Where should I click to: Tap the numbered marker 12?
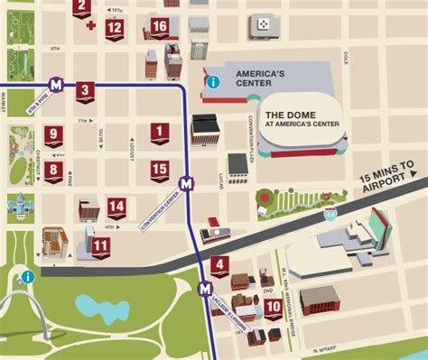(x=114, y=27)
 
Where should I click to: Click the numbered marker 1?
(x=160, y=134)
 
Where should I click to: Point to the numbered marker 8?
(x=54, y=170)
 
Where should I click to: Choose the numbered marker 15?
(x=160, y=169)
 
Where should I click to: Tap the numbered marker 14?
(x=116, y=207)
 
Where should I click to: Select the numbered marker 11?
(x=100, y=245)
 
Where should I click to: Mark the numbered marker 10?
(x=273, y=308)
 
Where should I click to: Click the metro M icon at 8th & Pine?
(x=57, y=85)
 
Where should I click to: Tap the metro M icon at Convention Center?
(x=186, y=183)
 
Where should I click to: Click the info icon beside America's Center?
(x=213, y=82)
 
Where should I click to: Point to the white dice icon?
(x=263, y=23)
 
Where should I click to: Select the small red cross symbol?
(x=90, y=24)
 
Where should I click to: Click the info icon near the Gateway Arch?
(x=28, y=276)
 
